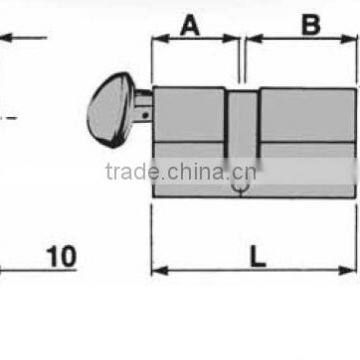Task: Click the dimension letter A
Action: (190, 26)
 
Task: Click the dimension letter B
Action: (311, 25)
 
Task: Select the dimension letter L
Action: (258, 256)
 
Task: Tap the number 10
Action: (61, 257)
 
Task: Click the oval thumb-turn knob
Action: (109, 110)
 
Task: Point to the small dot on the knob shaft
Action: (145, 115)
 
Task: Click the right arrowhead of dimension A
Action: (231, 38)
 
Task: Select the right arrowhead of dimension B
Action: (349, 39)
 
